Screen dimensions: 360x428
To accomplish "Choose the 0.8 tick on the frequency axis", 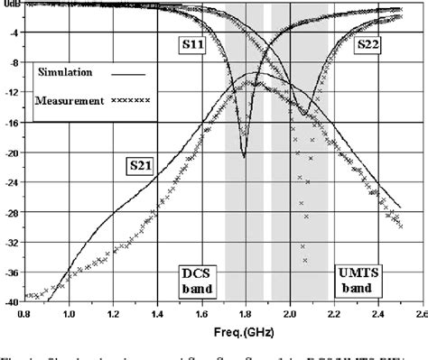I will (25, 314).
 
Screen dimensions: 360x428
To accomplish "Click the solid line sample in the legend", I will (127, 69).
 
